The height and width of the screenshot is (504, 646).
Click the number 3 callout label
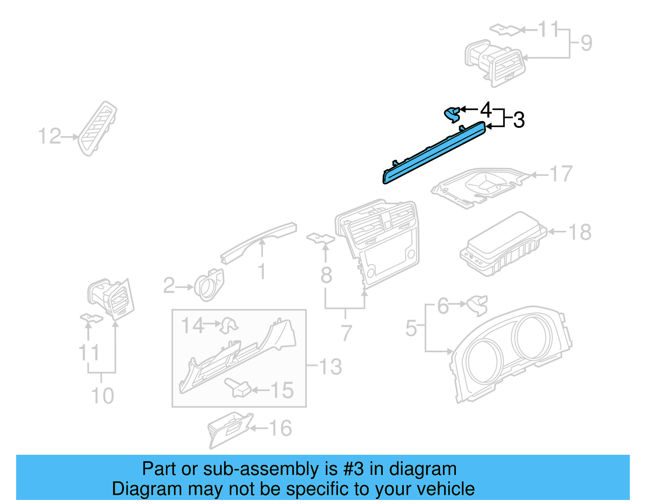coord(519,120)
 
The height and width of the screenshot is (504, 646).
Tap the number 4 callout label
coord(486,109)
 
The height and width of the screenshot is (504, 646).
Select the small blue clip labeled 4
coord(452,114)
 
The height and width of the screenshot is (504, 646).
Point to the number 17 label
coord(561,174)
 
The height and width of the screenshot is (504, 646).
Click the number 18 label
coord(580,232)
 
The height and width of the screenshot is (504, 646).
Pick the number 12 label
coord(49,136)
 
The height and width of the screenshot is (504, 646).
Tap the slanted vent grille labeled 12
coord(98,128)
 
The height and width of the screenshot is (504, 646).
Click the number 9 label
coord(586,43)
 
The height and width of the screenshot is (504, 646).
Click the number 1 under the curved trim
coord(262,271)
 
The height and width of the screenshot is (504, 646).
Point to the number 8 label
coord(326,275)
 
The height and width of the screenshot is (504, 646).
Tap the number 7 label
coord(346,333)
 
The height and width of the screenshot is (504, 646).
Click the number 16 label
coord(280,428)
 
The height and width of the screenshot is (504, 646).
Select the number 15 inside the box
coord(282,390)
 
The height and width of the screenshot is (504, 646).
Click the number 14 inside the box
coord(192,325)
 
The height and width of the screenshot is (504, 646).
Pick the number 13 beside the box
coord(330,367)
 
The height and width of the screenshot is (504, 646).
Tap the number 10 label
coord(103,395)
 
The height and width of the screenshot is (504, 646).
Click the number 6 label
coord(443,306)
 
